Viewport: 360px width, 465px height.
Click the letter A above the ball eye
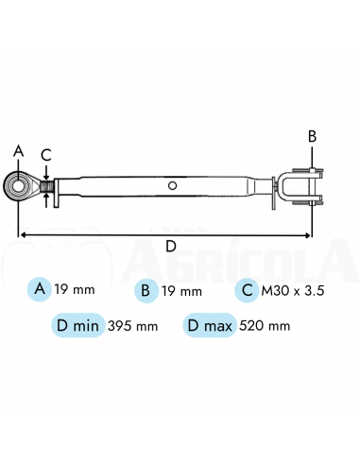(x=19, y=151)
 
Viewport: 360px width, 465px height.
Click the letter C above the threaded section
(x=46, y=155)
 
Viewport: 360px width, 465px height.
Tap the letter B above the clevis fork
(x=312, y=136)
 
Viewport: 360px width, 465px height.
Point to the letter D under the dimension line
(x=171, y=246)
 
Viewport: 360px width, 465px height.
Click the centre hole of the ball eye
(x=18, y=186)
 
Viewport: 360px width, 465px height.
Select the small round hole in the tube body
(x=172, y=185)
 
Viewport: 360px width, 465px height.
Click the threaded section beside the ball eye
(x=47, y=186)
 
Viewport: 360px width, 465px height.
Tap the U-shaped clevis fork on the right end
(x=300, y=186)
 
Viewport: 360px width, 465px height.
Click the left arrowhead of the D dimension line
(x=22, y=235)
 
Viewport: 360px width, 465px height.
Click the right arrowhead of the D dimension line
(x=308, y=235)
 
